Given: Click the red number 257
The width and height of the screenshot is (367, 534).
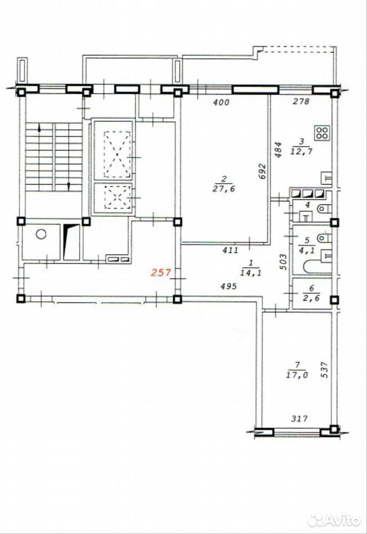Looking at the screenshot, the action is click(160, 273).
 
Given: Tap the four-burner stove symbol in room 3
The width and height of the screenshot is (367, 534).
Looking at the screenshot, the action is click(322, 133).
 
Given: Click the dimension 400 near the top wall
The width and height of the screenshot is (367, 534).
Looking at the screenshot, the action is click(222, 102).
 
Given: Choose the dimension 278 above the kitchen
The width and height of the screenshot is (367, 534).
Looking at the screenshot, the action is click(301, 101).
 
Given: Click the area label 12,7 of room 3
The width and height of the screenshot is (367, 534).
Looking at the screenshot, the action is click(301, 151).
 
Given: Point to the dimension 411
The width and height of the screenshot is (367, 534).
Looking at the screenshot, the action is click(230, 250).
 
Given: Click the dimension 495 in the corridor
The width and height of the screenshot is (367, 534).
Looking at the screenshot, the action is click(229, 286).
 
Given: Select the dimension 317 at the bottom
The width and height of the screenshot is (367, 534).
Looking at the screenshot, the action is click(300, 418).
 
